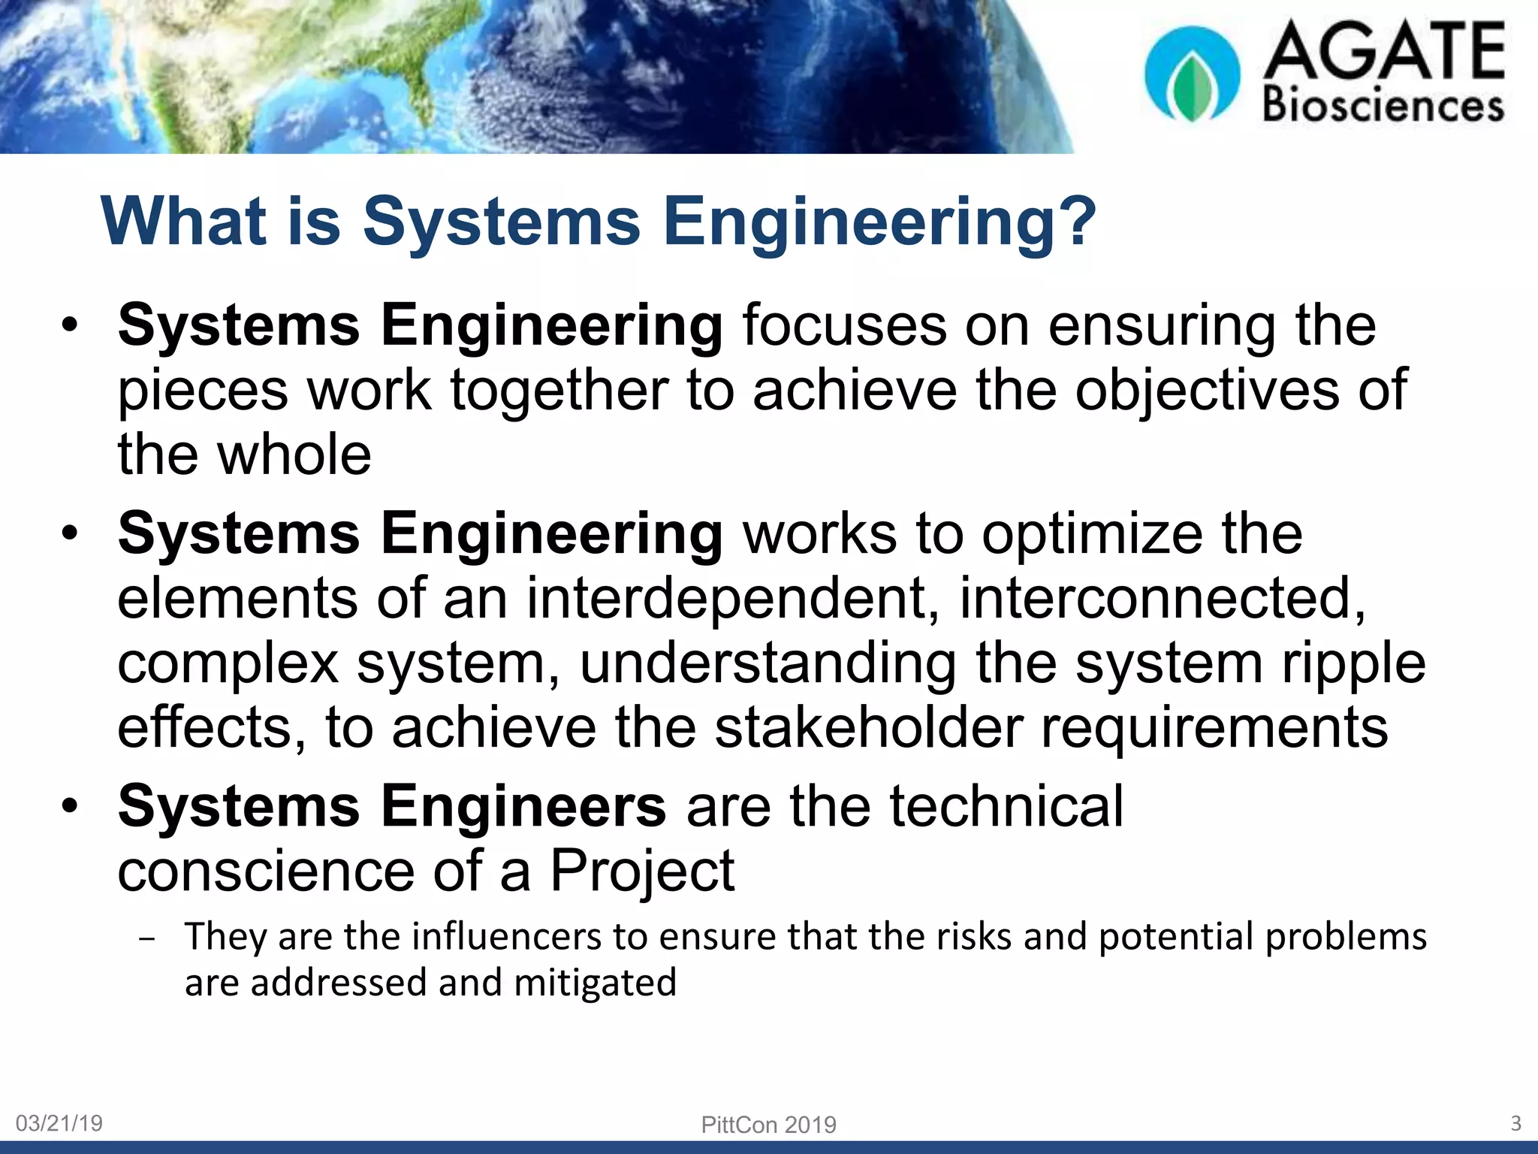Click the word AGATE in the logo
pyautogui.click(x=1384, y=50)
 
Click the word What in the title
pyautogui.click(x=184, y=221)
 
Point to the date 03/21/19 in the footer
pyautogui.click(x=59, y=1123)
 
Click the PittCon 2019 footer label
pyautogui.click(x=768, y=1125)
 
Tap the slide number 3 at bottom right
pyautogui.click(x=1515, y=1123)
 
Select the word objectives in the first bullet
pyautogui.click(x=1207, y=391)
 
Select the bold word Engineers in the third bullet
pyautogui.click(x=523, y=806)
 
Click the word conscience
pyautogui.click(x=266, y=872)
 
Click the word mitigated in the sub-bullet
pyautogui.click(x=596, y=983)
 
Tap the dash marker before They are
pyautogui.click(x=147, y=940)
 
